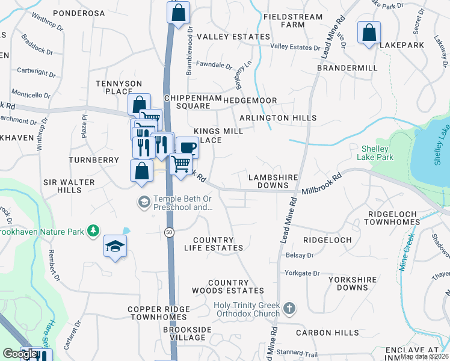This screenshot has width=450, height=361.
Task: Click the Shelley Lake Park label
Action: pyautogui.click(x=377, y=153)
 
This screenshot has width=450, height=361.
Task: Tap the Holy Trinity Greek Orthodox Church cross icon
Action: pyautogui.click(x=289, y=309)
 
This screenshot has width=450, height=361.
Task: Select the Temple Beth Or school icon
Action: pyautogui.click(x=144, y=202)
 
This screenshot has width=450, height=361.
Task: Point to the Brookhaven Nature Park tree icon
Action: pyautogui.click(x=93, y=230)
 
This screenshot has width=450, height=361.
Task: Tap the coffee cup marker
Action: pyautogui.click(x=187, y=147)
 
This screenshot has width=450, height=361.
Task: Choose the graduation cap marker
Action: pyautogui.click(x=115, y=245)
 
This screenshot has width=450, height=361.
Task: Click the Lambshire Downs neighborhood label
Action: pyautogui.click(x=269, y=181)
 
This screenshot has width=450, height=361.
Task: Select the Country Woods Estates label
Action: pyautogui.click(x=228, y=286)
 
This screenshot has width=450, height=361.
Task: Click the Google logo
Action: pyautogui.click(x=20, y=354)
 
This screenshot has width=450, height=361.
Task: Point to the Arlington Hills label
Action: pyautogui.click(x=277, y=119)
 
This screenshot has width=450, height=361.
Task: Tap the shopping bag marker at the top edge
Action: pyautogui.click(x=178, y=13)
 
